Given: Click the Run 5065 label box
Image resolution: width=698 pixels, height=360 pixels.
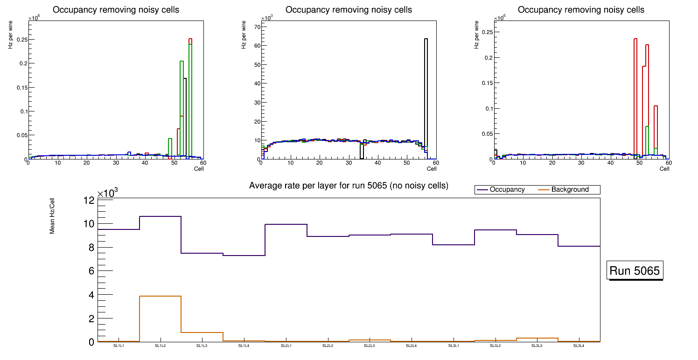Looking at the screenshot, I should pos(635,271).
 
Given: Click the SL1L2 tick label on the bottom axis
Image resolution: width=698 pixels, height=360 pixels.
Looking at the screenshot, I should pos(160,346).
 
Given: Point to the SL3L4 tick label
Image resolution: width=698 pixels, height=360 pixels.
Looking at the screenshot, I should pos(579,346).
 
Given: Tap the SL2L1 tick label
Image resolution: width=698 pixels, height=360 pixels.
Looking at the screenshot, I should pos(286,346).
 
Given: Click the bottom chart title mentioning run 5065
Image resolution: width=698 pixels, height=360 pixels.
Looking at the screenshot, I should pos(349,186).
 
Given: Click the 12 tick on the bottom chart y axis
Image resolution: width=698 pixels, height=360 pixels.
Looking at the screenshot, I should pos(89,200).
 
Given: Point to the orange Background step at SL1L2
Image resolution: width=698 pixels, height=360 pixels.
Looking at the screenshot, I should pos(160,296).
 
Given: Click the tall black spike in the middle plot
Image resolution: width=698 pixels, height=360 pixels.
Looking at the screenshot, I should pos(426,93).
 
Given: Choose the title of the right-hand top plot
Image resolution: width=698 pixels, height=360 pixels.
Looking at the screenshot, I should pos(581,10).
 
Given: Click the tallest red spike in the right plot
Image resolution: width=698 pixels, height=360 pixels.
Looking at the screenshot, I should pos(635,93).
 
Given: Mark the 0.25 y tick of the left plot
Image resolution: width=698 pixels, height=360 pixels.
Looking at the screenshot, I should pos(21,39).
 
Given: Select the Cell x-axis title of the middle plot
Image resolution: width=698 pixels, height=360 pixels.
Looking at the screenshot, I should pos(432,169).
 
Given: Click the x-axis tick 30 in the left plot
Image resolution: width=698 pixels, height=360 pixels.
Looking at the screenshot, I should pos(115,163).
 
